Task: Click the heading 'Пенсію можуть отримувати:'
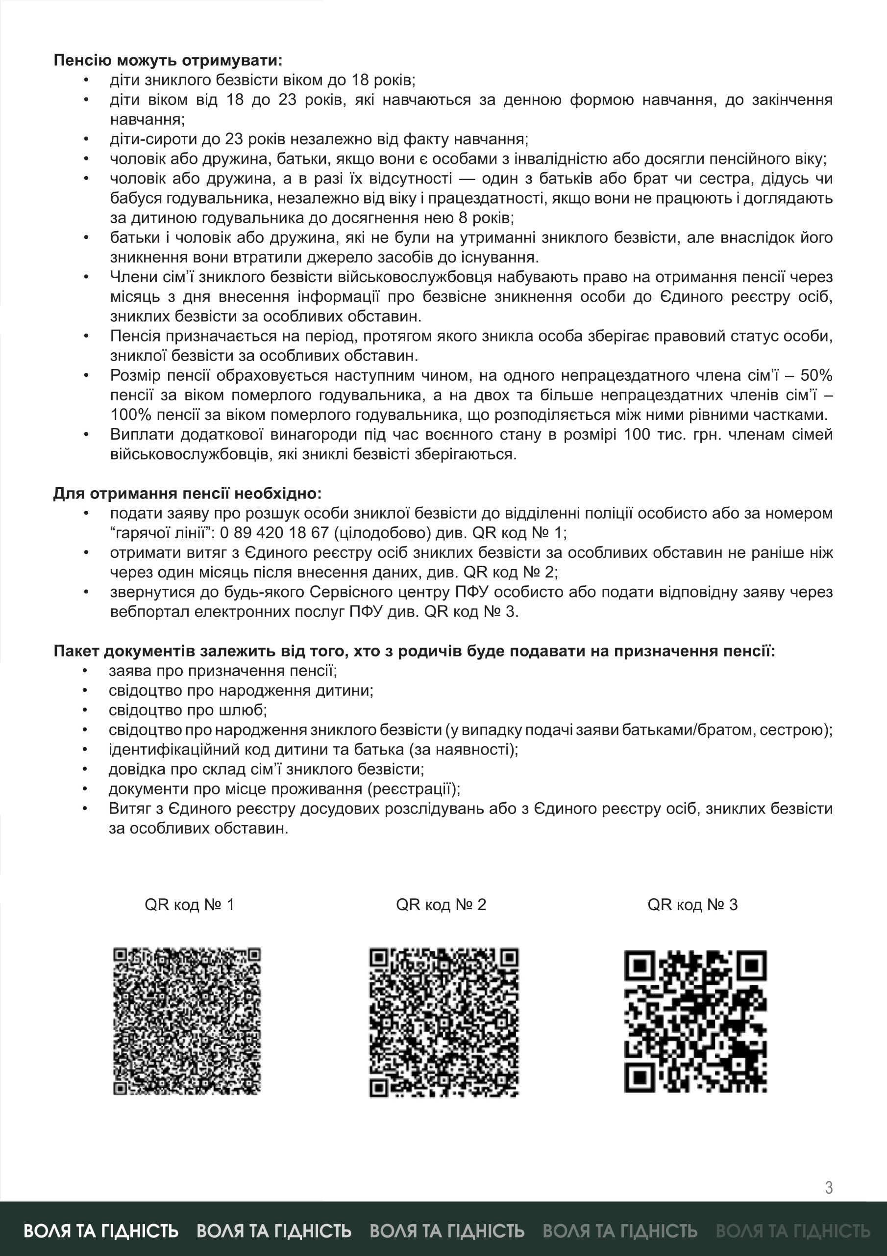(168, 60)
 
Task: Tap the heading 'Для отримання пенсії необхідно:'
(188, 494)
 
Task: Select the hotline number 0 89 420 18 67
(274, 533)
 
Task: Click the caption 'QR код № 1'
(189, 905)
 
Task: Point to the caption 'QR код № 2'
(441, 905)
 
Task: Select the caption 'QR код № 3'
(692, 905)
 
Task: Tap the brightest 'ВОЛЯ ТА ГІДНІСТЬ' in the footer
(101, 1231)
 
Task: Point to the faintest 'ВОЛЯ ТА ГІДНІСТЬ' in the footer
(792, 1231)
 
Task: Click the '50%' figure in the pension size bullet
(816, 375)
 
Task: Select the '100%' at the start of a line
(131, 415)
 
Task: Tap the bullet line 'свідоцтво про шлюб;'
(188, 710)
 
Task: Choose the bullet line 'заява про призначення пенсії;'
(222, 671)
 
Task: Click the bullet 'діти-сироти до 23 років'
(319, 139)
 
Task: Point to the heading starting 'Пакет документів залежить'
(414, 651)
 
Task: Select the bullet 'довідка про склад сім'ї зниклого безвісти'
(266, 769)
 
